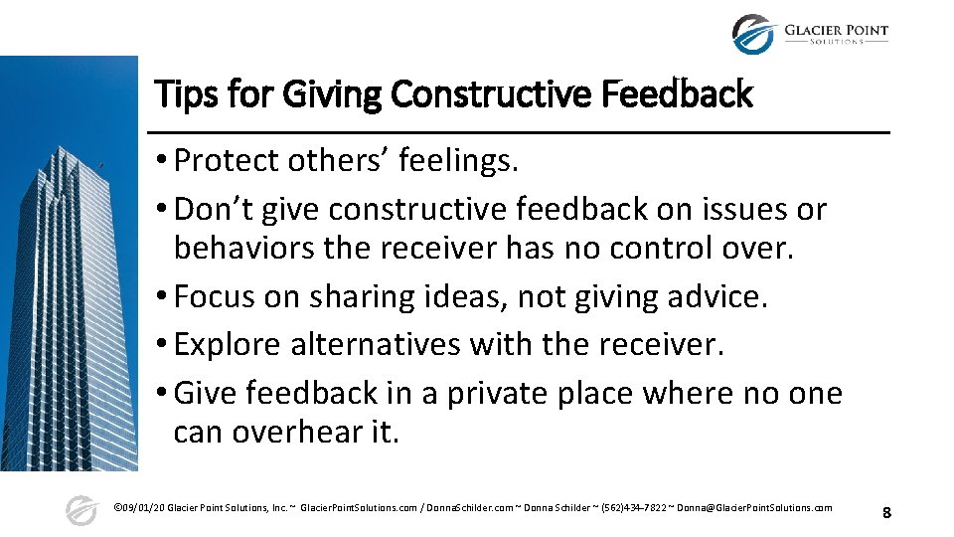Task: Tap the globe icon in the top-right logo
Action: coord(752,34)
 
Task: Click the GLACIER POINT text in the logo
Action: coord(836,30)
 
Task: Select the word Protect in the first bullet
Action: coord(228,161)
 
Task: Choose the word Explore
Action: coord(228,345)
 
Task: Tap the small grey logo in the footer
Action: coord(81,510)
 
